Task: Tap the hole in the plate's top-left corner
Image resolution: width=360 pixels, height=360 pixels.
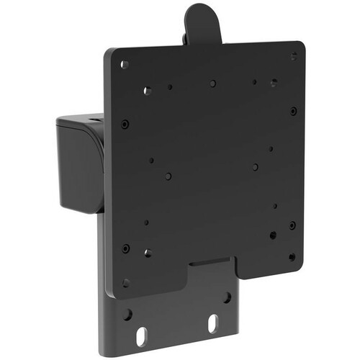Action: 125,64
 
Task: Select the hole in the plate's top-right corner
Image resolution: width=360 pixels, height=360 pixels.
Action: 294,56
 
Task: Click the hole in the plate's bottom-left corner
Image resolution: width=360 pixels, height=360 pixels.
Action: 125,283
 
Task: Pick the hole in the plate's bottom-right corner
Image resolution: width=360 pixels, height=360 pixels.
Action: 292,256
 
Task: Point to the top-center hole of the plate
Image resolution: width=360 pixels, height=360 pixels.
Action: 213,84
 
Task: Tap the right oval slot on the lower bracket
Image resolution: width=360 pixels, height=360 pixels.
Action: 213,324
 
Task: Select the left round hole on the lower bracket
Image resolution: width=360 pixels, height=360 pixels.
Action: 127,315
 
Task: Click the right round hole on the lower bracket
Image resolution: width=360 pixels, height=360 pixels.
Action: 227,297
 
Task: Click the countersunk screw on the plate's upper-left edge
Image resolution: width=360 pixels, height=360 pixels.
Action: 125,123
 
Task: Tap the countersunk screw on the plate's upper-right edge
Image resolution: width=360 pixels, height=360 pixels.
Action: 293,111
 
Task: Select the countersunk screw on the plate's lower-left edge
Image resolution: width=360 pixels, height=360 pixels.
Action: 126,248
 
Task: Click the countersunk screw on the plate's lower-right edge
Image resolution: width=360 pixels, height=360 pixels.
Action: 292,225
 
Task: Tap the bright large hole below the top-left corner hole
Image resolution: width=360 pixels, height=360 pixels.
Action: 147,91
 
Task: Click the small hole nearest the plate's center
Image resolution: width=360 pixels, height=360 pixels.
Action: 168,176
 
